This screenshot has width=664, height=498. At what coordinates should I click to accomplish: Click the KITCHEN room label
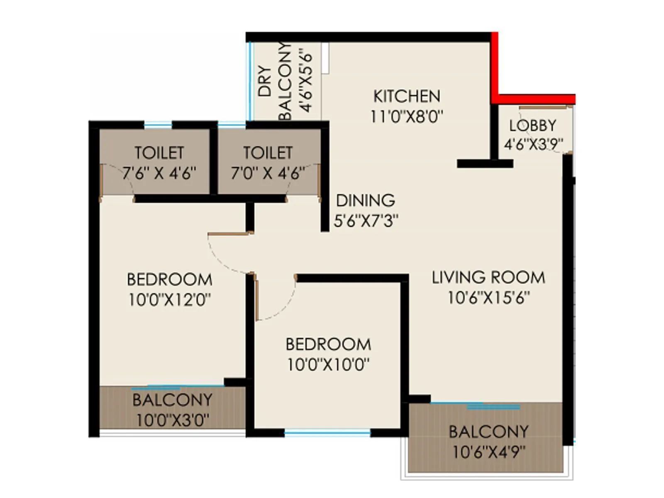[406, 96]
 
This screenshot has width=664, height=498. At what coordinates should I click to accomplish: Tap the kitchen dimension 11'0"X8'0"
[406, 117]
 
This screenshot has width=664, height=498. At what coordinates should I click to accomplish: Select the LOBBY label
[532, 125]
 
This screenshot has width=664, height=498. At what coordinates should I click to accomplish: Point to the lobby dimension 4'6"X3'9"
[533, 144]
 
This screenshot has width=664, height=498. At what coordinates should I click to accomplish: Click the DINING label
[365, 200]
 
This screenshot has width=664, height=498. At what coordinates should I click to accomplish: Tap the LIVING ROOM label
[488, 277]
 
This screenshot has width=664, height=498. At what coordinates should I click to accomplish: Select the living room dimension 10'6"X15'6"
[488, 298]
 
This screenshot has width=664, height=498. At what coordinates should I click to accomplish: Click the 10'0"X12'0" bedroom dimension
[169, 299]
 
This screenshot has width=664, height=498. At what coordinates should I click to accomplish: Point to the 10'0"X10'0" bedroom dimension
[328, 365]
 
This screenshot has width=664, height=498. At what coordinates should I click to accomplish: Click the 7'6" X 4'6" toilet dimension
[159, 173]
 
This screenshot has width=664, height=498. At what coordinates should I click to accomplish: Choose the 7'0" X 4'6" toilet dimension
[268, 173]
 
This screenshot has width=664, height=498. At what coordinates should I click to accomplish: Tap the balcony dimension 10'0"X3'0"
[172, 420]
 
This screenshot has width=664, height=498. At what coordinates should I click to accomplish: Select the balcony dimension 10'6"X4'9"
[488, 452]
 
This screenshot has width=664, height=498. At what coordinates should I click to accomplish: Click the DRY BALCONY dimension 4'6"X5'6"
[306, 81]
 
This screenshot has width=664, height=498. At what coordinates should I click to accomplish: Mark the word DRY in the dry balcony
[264, 81]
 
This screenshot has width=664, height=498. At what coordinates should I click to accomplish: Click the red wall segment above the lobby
[535, 99]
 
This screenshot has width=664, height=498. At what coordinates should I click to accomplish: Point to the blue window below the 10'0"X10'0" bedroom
[327, 433]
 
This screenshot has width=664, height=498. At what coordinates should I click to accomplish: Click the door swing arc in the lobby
[539, 141]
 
